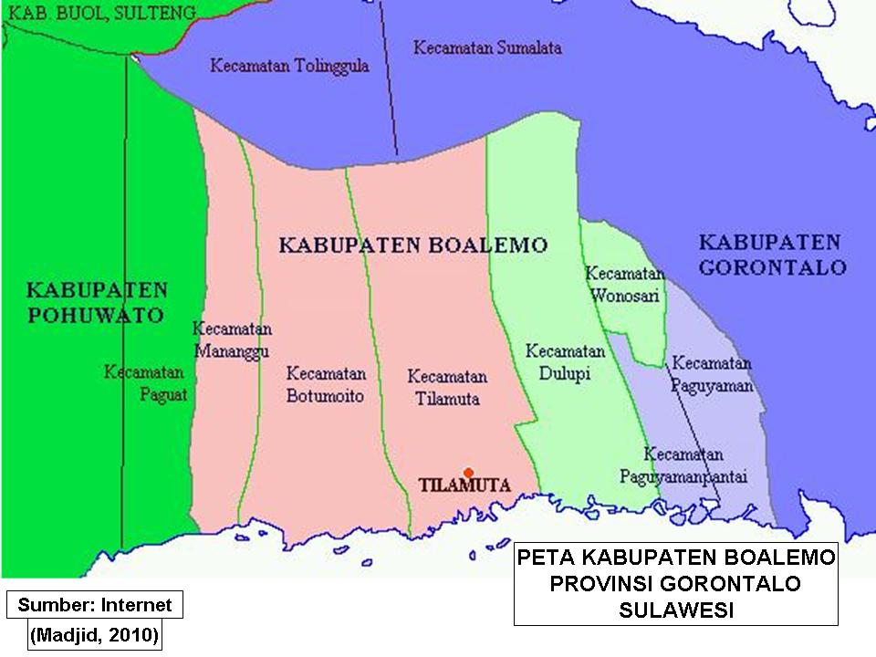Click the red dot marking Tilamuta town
[468, 473]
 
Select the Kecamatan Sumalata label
[487, 47]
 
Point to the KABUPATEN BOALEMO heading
[412, 245]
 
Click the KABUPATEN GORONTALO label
[772, 255]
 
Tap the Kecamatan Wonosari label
[624, 285]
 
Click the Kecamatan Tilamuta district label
[447, 388]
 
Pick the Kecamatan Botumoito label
[326, 385]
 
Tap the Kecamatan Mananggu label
[232, 339]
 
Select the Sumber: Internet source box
[96, 604]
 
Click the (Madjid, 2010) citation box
[96, 634]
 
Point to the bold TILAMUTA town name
[464, 485]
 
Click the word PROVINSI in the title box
[607, 583]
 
